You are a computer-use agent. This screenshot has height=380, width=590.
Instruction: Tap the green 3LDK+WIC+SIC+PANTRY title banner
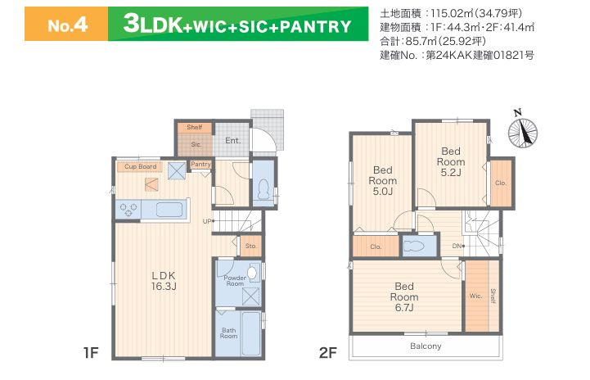point(236,25)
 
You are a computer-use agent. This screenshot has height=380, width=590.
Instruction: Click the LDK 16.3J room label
point(164,282)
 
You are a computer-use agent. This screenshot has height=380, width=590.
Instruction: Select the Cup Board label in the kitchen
point(141,167)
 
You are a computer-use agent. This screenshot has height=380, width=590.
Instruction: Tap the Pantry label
point(200,165)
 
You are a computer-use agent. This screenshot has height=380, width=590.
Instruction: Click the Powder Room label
point(235,281)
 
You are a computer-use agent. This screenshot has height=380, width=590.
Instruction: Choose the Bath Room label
point(228,332)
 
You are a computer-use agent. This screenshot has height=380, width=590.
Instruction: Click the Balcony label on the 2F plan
point(426,346)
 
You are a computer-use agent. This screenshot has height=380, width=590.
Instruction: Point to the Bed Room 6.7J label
point(403,296)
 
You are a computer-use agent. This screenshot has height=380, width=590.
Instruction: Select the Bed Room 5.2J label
point(452,161)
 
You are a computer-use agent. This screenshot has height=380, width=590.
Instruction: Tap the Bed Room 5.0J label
point(381,180)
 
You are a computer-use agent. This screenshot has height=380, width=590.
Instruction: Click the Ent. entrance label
point(232,142)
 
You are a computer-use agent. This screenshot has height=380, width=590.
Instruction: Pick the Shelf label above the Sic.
point(194,128)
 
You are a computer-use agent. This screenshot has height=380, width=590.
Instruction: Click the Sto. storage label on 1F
point(250,245)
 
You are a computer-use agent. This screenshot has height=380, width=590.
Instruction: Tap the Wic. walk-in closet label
point(475,296)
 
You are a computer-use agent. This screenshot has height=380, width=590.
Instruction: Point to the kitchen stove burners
point(128,209)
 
